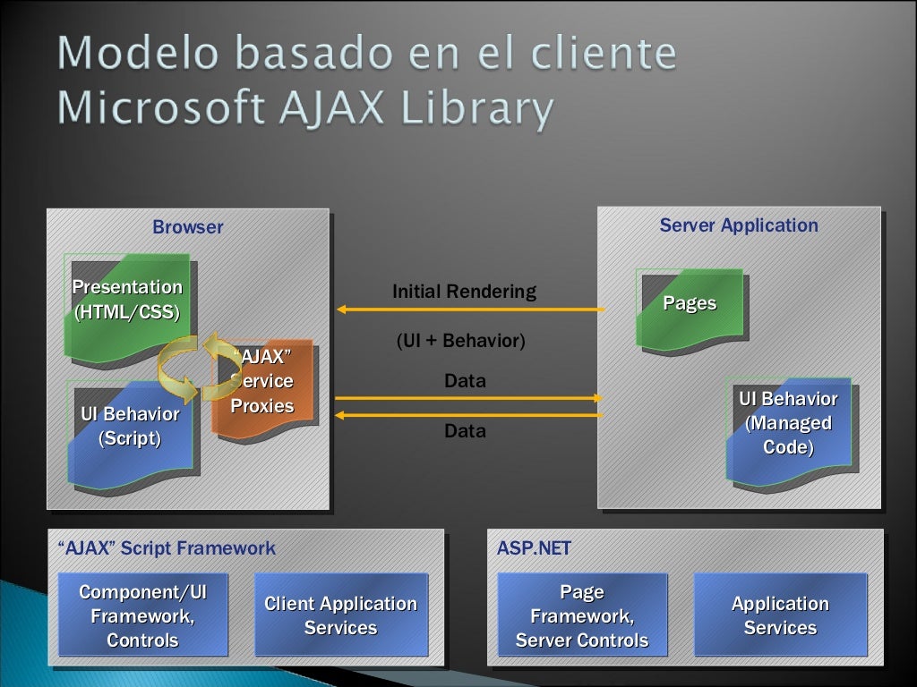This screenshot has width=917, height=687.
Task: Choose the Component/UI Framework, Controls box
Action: point(142,615)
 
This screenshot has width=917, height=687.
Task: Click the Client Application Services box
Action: point(340,615)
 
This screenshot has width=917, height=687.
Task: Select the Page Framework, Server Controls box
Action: point(582,615)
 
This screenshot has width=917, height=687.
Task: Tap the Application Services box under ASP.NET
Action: point(780,615)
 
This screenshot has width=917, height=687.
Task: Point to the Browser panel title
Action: point(188,227)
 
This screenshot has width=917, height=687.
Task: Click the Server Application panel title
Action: point(739,225)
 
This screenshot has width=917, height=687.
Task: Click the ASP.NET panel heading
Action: point(534,548)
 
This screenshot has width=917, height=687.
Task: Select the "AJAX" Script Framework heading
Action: point(166,548)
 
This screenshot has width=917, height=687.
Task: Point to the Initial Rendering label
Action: point(464,292)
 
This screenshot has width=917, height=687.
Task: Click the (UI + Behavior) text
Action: point(460,341)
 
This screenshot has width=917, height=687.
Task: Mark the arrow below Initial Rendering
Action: point(470,310)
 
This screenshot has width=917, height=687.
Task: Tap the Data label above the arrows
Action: point(465,381)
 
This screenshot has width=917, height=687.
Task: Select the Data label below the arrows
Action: point(465,431)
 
